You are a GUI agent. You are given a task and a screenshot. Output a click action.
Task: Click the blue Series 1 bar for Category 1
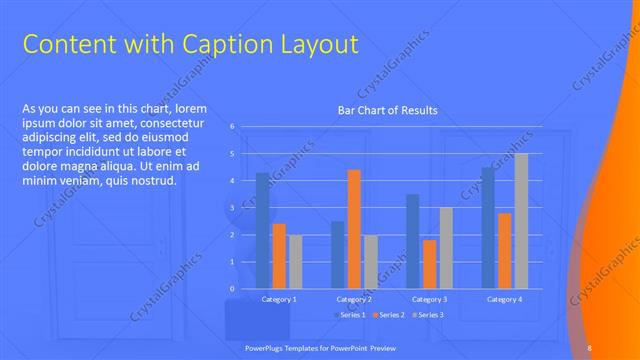(262, 231)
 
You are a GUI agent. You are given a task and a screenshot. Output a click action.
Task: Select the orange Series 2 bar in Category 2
(354, 229)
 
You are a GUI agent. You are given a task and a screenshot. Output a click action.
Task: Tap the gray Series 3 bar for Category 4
(521, 221)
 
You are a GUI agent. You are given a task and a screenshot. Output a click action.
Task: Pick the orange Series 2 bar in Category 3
(429, 264)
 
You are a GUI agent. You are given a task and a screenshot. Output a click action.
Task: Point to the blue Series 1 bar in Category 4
(488, 228)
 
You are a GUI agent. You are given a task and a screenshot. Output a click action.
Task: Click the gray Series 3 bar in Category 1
(295, 262)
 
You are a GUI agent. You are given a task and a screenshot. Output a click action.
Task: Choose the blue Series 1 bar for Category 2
(338, 255)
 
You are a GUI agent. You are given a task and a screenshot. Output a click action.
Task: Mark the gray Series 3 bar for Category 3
(446, 248)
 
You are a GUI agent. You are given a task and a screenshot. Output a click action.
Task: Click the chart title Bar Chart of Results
(387, 110)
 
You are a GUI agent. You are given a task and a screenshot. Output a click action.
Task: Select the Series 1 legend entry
(350, 315)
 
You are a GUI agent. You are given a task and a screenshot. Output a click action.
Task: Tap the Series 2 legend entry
(389, 315)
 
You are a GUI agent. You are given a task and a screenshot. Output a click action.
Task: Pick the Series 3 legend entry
(427, 315)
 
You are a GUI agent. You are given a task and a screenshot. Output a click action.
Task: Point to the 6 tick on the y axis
(232, 127)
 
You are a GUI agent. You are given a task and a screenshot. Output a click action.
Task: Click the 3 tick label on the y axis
(232, 208)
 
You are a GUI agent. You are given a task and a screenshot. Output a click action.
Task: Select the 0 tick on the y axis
(232, 289)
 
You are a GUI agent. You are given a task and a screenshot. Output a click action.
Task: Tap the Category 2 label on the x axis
(354, 299)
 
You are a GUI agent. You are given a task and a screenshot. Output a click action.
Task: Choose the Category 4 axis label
(504, 299)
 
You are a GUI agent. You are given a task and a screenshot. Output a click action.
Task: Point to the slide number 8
(590, 348)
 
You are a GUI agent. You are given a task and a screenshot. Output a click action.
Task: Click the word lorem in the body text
(190, 108)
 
